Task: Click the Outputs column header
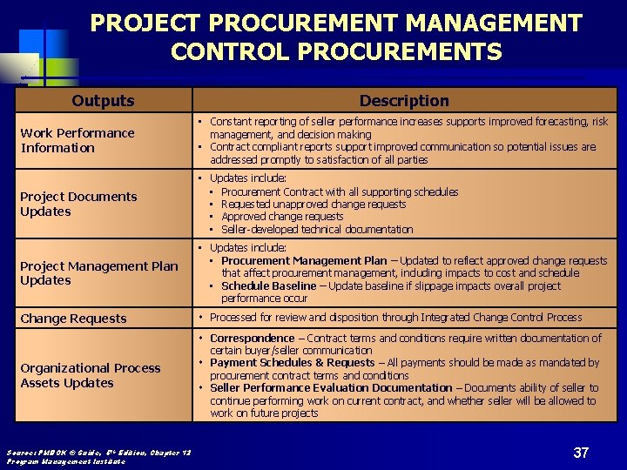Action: (103, 101)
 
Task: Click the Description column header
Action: (404, 101)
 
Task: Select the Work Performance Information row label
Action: (78, 140)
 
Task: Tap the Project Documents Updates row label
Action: (78, 204)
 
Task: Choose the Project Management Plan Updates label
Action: (98, 273)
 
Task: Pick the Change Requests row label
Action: (73, 319)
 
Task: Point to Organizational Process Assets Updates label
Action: (90, 375)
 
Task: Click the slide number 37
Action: (581, 453)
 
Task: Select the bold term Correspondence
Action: (252, 338)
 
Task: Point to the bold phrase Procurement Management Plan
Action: (304, 260)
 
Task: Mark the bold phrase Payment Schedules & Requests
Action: (292, 363)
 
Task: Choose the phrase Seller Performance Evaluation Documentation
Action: (331, 388)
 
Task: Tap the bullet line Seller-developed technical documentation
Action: (317, 230)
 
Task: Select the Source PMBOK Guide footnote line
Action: (98, 452)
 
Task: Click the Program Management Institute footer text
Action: (65, 461)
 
